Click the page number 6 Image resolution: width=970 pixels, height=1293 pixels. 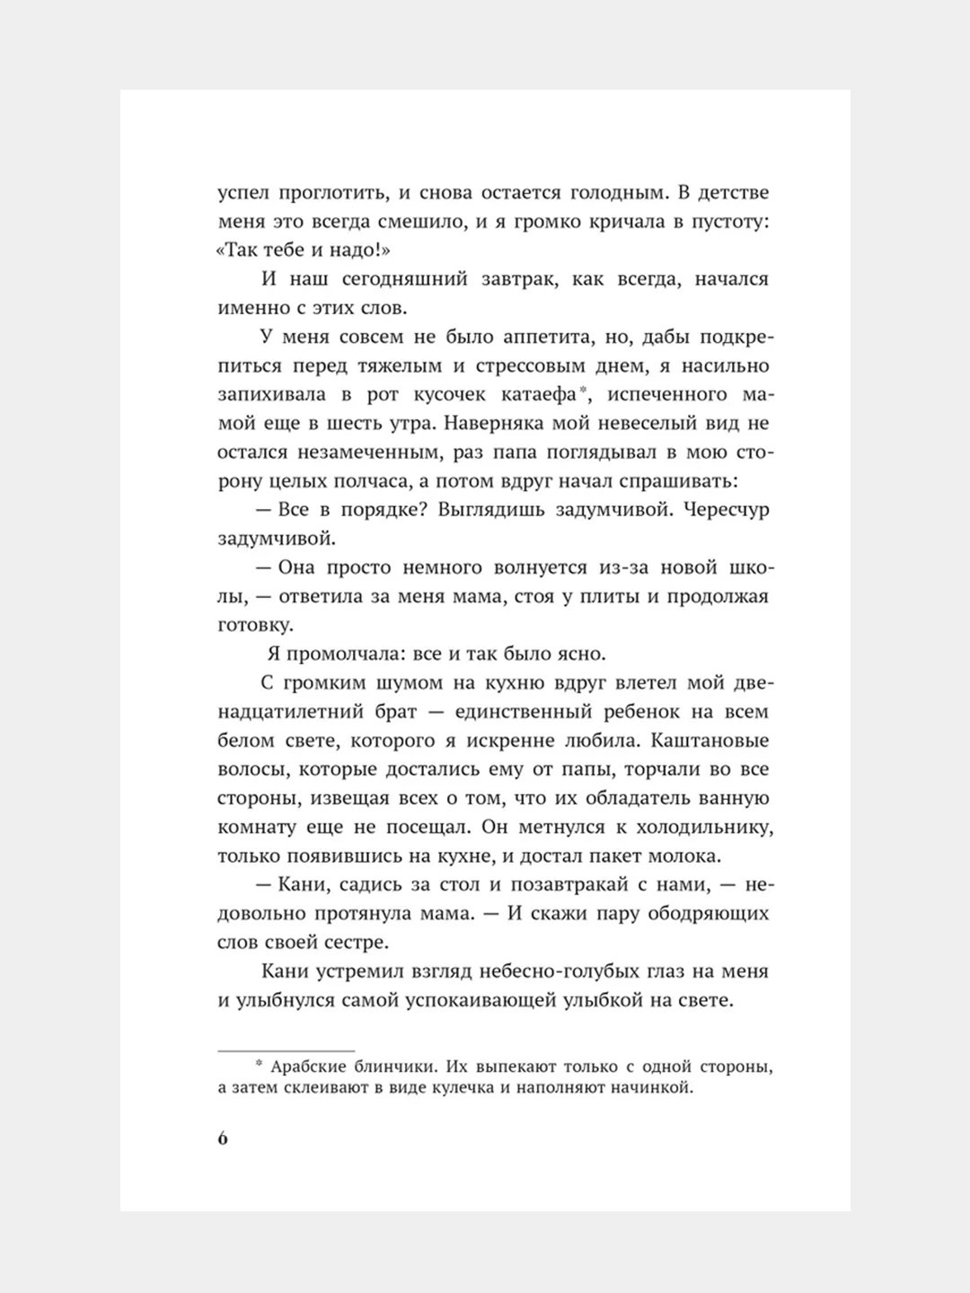(x=223, y=1138)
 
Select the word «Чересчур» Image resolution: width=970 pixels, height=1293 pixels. (x=725, y=510)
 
